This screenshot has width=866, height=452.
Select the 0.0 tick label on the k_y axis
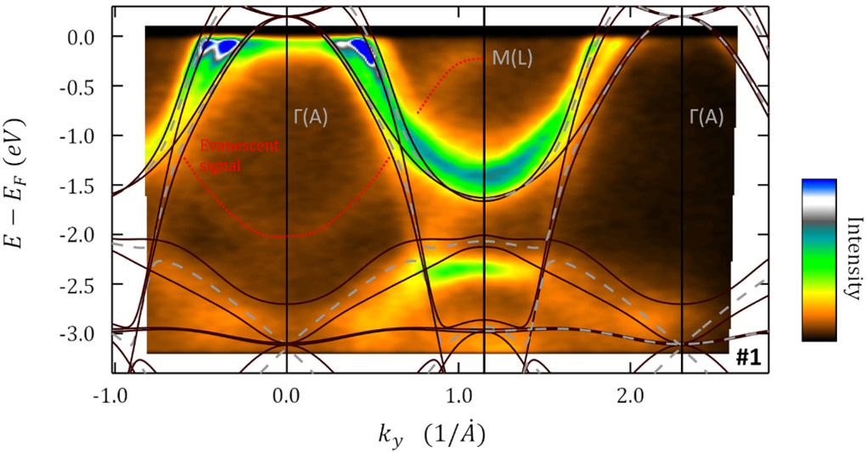287,396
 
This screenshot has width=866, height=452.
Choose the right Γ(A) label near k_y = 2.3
706,117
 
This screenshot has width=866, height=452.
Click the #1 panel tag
746,359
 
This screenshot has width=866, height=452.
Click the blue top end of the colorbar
819,184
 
